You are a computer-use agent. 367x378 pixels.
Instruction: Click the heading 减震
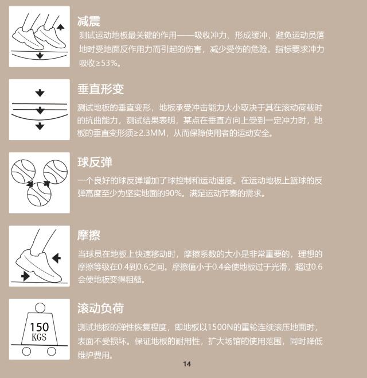coord(89,21)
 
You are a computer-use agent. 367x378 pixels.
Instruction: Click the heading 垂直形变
coord(100,89)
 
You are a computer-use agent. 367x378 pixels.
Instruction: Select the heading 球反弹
coord(95,162)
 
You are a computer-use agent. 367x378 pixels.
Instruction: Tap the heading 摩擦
coord(89,236)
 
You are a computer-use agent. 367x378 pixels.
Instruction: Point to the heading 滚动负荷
coord(100,308)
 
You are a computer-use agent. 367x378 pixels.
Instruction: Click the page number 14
coord(187,364)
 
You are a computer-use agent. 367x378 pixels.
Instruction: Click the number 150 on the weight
coord(39,327)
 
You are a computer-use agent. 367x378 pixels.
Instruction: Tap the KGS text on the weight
coord(39,337)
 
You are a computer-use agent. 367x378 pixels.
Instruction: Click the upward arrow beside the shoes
coord(60,27)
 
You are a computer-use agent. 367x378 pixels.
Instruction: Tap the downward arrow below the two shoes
coord(40,56)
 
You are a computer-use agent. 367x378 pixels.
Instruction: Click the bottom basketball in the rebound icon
coord(39,194)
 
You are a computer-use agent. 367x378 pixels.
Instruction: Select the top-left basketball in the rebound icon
coord(24,171)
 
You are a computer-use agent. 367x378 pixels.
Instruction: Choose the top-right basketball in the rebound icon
coord(56,172)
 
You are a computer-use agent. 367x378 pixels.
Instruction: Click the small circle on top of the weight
coord(40,308)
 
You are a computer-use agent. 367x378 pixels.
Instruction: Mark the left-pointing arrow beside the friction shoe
coord(56,258)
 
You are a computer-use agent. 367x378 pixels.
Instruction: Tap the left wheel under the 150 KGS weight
coord(26,351)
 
